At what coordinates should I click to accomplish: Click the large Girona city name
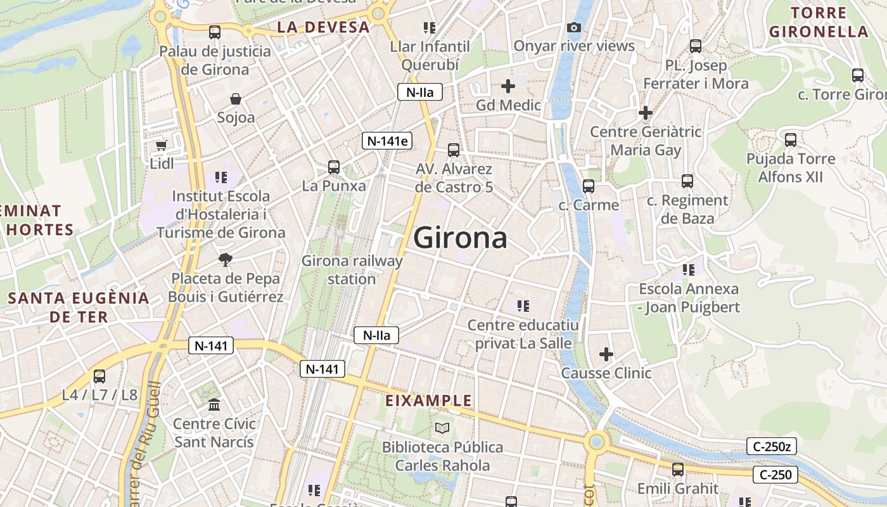tap(461, 238)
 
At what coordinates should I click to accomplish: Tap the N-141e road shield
tap(387, 141)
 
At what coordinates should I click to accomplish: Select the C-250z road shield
tap(771, 446)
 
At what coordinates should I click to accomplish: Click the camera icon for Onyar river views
tap(574, 27)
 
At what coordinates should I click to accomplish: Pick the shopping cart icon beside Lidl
tap(162, 145)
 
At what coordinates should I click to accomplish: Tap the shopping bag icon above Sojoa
tap(236, 99)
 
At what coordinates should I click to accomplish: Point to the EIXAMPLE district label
tap(429, 401)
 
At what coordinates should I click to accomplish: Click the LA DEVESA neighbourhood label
tap(323, 27)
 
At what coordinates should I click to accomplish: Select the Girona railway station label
tap(352, 270)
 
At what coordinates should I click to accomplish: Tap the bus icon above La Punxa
tap(334, 167)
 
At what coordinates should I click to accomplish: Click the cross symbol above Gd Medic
tap(508, 86)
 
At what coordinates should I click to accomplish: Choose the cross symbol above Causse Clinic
tap(606, 354)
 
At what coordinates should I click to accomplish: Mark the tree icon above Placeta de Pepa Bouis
tap(224, 259)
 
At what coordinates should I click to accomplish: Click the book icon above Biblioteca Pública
tap(442, 428)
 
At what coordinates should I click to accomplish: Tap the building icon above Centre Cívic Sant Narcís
tap(214, 404)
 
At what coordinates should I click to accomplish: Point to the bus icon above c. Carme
tap(589, 186)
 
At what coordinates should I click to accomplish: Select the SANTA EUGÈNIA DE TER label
tap(79, 307)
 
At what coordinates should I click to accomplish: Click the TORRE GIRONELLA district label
tap(818, 22)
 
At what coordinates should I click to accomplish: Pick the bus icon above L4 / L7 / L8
tap(99, 376)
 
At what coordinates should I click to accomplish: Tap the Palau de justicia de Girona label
tap(215, 60)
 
